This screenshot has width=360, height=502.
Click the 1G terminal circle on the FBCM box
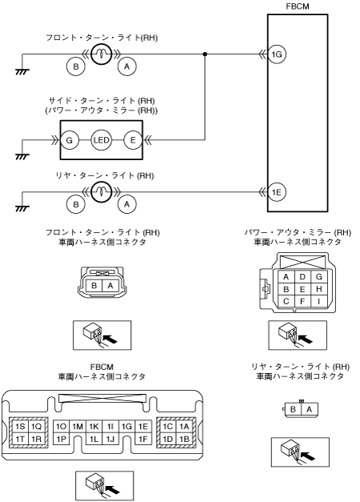277,54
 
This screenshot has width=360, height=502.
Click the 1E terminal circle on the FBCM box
277,192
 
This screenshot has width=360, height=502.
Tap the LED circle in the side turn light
101,140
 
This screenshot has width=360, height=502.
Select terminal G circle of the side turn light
69,140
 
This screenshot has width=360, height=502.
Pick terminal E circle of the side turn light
133,140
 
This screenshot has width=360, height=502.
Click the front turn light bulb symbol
101,54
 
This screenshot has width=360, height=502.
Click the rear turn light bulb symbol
101,192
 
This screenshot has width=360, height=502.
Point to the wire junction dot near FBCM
205,54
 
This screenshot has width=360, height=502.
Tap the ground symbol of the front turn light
22,72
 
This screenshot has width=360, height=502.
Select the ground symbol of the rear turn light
22,209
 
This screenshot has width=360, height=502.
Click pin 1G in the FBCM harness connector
126,427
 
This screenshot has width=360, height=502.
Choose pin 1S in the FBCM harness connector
20,427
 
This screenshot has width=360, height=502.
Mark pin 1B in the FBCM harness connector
184,439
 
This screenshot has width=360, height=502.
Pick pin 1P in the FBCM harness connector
61,439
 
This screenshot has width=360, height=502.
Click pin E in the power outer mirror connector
302,289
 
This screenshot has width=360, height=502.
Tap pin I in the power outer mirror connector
318,301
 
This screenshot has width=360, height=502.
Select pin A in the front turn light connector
110,285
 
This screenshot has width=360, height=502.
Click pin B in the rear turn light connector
293,409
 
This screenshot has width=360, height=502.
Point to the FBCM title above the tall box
298,6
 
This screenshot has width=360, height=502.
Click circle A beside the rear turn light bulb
127,204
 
